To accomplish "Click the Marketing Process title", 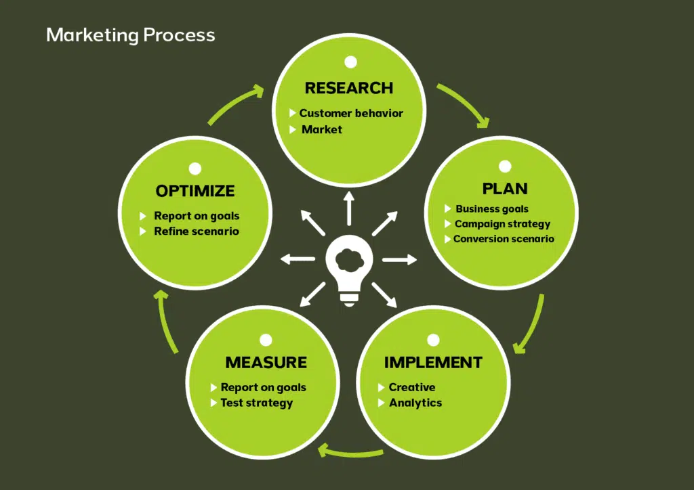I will (x=130, y=35).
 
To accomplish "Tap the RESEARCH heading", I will (x=348, y=88).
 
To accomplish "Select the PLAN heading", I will (x=505, y=188).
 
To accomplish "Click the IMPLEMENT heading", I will (x=433, y=363).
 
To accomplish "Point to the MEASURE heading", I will (x=266, y=363).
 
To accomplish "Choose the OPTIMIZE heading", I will (x=195, y=191).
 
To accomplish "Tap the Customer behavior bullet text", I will (x=351, y=113).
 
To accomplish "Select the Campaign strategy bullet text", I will (x=502, y=224).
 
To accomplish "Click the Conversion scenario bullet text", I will (x=504, y=239).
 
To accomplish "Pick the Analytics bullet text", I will (x=415, y=403).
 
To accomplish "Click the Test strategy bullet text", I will (x=256, y=403).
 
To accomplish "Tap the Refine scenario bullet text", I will (x=197, y=231).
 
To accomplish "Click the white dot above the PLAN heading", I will (x=505, y=166).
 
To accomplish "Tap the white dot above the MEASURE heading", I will (x=266, y=340).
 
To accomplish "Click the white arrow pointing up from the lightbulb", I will (x=349, y=207).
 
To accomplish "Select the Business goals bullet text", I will (x=491, y=209).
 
